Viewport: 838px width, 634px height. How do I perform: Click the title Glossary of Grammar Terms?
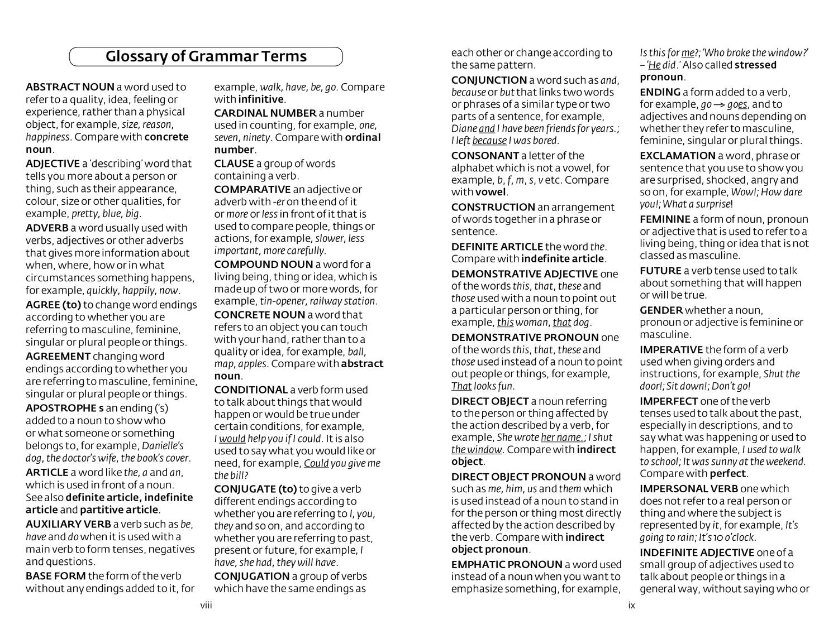(206, 56)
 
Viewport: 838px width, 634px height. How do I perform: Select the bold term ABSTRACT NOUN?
(70, 87)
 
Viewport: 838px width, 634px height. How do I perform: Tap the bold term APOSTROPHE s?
(65, 408)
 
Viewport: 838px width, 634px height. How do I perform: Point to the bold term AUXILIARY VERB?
(68, 524)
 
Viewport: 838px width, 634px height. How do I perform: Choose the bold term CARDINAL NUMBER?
(265, 113)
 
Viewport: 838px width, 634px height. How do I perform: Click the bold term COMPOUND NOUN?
(263, 265)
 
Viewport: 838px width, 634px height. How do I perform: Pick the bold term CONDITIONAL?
(250, 390)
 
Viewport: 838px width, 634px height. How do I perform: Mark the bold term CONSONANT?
(485, 156)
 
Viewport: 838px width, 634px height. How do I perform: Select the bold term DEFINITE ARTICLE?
(497, 247)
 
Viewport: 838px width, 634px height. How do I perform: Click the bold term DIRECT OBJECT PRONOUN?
(518, 477)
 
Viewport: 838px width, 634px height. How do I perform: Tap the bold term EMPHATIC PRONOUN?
(507, 564)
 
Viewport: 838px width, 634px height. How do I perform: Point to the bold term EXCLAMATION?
(678, 156)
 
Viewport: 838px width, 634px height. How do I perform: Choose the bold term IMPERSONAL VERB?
(688, 489)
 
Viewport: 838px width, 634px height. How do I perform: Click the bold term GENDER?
(661, 310)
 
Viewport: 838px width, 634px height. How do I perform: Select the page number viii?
(206, 605)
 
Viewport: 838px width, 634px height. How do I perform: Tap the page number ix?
(632, 605)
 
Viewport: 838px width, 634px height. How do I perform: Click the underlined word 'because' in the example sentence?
(489, 141)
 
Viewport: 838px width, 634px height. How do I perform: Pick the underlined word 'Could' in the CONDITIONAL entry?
(316, 463)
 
